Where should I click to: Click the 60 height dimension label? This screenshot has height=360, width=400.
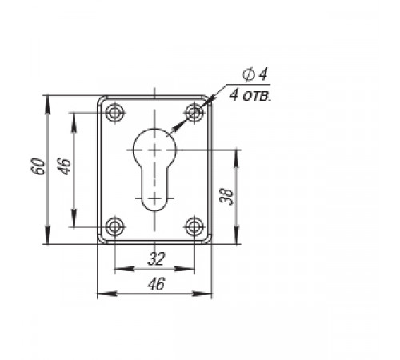pyautogui.click(x=38, y=166)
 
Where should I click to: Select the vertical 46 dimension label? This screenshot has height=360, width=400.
pyautogui.click(x=65, y=166)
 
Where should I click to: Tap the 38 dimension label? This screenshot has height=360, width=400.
pyautogui.click(x=226, y=197)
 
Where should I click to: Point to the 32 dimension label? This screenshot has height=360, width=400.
pyautogui.click(x=157, y=258)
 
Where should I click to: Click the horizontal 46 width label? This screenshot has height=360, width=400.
pyautogui.click(x=157, y=284)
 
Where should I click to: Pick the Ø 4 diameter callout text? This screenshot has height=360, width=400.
pyautogui.click(x=254, y=74)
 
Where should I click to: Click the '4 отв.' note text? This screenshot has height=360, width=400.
pyautogui.click(x=250, y=95)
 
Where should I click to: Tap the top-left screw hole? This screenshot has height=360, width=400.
pyautogui.click(x=115, y=112)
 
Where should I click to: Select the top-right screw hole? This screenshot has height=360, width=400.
pyautogui.click(x=194, y=112)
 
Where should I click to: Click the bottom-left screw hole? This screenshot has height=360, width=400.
pyautogui.click(x=115, y=226)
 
